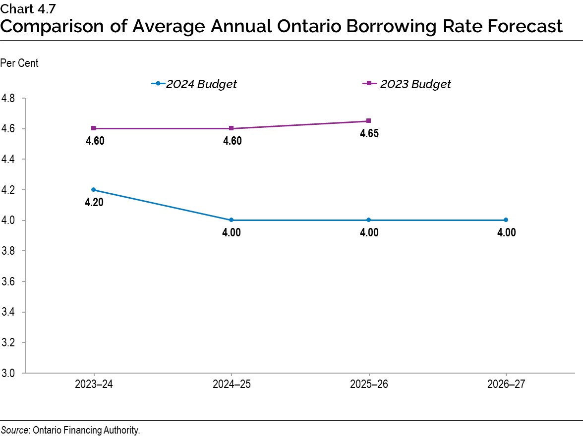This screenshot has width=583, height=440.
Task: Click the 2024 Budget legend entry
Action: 194,84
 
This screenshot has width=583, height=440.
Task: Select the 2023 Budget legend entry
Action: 407,84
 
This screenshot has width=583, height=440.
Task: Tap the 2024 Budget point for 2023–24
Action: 94,190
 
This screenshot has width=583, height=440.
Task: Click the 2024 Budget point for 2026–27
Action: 506,220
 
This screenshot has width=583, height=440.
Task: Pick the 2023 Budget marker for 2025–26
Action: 369,121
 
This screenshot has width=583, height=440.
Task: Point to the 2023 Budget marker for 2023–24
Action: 94,128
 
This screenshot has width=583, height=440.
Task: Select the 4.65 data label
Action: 369,134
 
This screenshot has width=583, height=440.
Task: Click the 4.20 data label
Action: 94,202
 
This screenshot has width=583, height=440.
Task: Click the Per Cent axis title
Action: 19,63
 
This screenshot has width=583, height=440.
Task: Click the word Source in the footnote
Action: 14,430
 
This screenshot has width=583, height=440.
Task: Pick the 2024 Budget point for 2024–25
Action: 232,220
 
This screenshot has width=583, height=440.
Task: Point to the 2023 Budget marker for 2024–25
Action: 232,128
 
